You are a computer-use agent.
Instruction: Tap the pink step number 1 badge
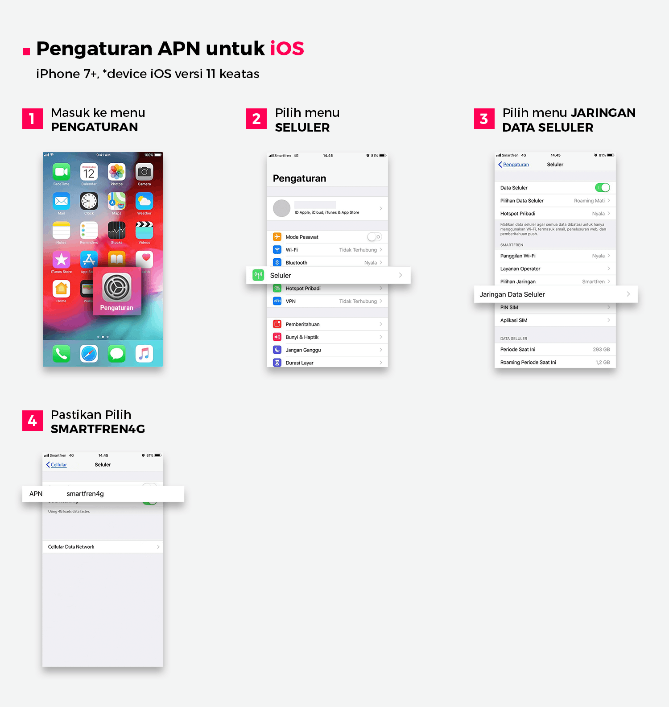(x=33, y=119)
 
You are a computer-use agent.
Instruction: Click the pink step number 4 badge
(x=33, y=421)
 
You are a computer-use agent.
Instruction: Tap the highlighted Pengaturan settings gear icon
(x=117, y=287)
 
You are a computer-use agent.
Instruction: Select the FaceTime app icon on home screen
(x=62, y=172)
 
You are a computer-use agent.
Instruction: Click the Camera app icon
(x=144, y=172)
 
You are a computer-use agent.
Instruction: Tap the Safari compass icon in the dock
(x=89, y=354)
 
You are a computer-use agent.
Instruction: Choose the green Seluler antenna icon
(x=258, y=275)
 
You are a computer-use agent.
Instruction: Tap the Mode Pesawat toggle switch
(x=374, y=237)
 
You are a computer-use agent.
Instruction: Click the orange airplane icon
(x=277, y=237)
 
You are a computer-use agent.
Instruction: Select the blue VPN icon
(x=277, y=301)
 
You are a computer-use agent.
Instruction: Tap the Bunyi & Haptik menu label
(x=302, y=337)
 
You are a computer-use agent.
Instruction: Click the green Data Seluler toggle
(x=602, y=188)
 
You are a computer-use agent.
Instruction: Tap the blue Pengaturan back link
(x=516, y=165)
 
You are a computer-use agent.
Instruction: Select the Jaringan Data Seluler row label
(x=512, y=294)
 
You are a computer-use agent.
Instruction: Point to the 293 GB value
(x=601, y=350)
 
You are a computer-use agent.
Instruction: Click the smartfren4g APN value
(x=85, y=494)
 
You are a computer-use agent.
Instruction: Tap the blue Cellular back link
(x=58, y=465)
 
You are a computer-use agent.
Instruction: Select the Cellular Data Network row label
(x=71, y=547)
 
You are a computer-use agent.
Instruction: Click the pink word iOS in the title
(x=287, y=49)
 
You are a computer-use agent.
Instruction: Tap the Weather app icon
(x=144, y=201)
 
